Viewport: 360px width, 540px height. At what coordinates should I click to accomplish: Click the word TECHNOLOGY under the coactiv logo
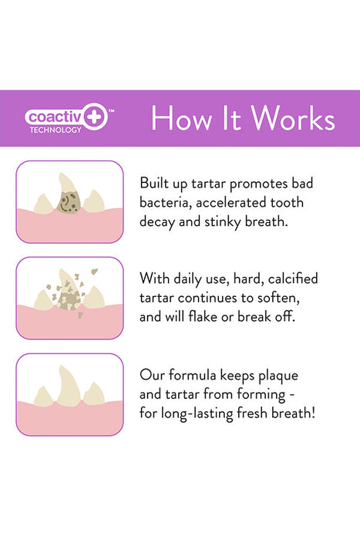tap(55, 130)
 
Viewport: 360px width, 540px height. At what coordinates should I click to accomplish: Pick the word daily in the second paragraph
tap(196, 278)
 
